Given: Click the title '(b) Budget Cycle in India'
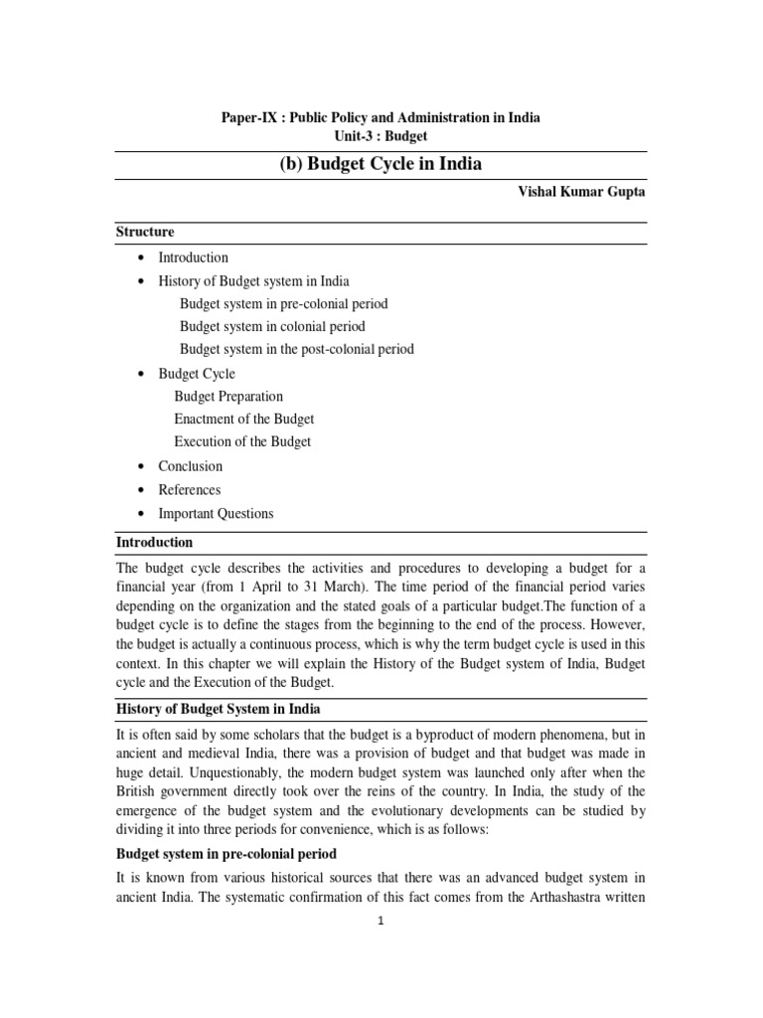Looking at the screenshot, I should pos(381,164).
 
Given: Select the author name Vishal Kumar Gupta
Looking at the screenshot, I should pos(576,193).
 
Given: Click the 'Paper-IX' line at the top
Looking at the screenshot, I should pos(381,117).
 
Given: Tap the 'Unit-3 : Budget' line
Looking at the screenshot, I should pos(381,136).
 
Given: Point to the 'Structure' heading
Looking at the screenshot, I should pos(145,232).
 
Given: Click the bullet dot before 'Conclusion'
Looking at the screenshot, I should pos(139,466).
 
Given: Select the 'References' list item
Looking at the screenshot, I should pos(189,490).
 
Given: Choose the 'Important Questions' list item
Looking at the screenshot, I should pos(216,514).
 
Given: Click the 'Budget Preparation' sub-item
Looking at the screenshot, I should pos(229,396).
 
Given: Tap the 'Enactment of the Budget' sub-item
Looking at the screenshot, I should pos(244,419).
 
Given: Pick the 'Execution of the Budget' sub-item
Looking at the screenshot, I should pos(242,441).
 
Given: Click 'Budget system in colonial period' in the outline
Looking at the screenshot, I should pos(272,326).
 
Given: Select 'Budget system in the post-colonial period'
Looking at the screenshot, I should pos(297,349).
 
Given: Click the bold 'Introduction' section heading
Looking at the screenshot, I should pos(154,543).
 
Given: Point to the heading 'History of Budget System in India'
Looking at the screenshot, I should pos(218,709).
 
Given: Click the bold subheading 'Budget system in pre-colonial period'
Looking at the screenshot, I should pos(226,852).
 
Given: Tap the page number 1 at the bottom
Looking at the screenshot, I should pos(381,922).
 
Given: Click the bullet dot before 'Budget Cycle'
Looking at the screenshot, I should pos(139,374).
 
